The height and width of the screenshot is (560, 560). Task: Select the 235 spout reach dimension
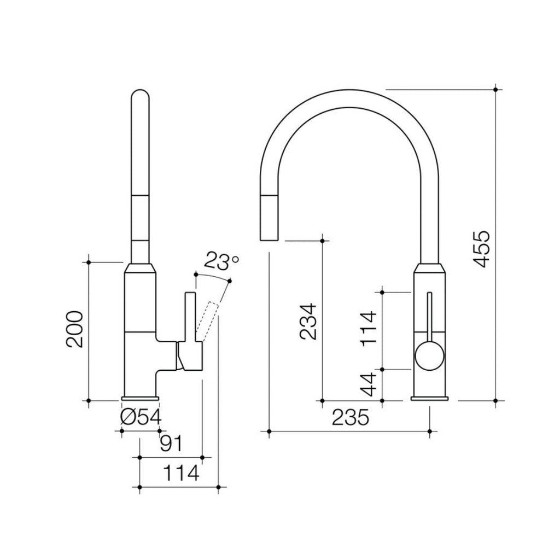pos(351,418)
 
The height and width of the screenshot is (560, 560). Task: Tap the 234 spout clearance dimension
pos(308,322)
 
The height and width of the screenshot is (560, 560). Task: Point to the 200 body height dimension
pos(74,329)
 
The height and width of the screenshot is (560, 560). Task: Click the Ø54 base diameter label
pos(141,418)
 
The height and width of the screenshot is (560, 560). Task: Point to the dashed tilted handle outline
pos(208,323)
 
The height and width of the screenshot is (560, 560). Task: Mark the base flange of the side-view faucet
pos(141,398)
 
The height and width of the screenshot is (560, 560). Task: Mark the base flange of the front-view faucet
pos(430,398)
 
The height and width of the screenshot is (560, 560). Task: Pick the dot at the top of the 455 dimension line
pos(495,89)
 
